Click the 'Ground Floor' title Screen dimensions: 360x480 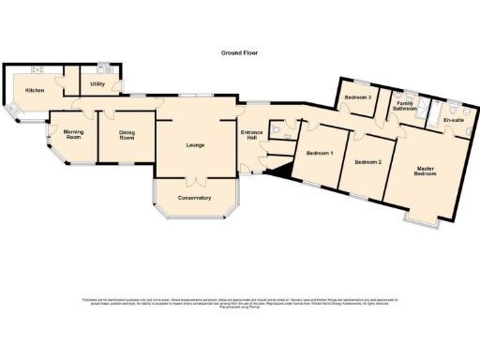(240, 53)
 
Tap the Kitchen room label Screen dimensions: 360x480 (35, 90)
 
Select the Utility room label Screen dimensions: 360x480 (97, 84)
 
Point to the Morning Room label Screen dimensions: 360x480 (73, 135)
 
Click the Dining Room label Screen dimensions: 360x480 (132, 135)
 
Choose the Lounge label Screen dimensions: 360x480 (195, 144)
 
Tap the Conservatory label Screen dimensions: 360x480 (195, 198)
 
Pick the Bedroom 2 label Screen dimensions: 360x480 (367, 162)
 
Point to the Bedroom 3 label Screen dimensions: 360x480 (356, 97)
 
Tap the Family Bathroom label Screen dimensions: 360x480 (405, 105)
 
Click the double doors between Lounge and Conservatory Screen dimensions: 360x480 (195, 178)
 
